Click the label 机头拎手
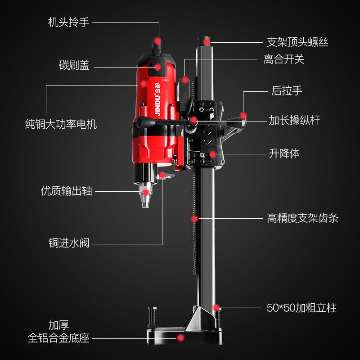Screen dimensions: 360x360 click(x=68, y=22)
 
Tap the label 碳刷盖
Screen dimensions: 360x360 click(x=74, y=66)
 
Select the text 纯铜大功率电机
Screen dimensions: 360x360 click(x=61, y=124)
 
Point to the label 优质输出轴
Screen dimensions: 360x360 click(x=66, y=190)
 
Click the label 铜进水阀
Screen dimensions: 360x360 click(x=69, y=243)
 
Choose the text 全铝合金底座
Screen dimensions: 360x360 click(x=58, y=337)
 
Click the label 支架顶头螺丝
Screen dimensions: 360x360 click(x=297, y=42)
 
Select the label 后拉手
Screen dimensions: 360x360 click(x=287, y=90)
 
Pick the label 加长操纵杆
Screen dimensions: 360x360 click(x=294, y=120)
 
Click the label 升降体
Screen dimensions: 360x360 click(x=284, y=153)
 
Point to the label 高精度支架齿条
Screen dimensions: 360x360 click(x=302, y=219)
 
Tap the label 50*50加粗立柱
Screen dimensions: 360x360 click(x=301, y=308)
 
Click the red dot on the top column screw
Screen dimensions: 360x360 click(x=207, y=41)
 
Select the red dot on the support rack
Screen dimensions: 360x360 click(x=194, y=219)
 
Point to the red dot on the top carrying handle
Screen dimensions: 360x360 click(x=157, y=41)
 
